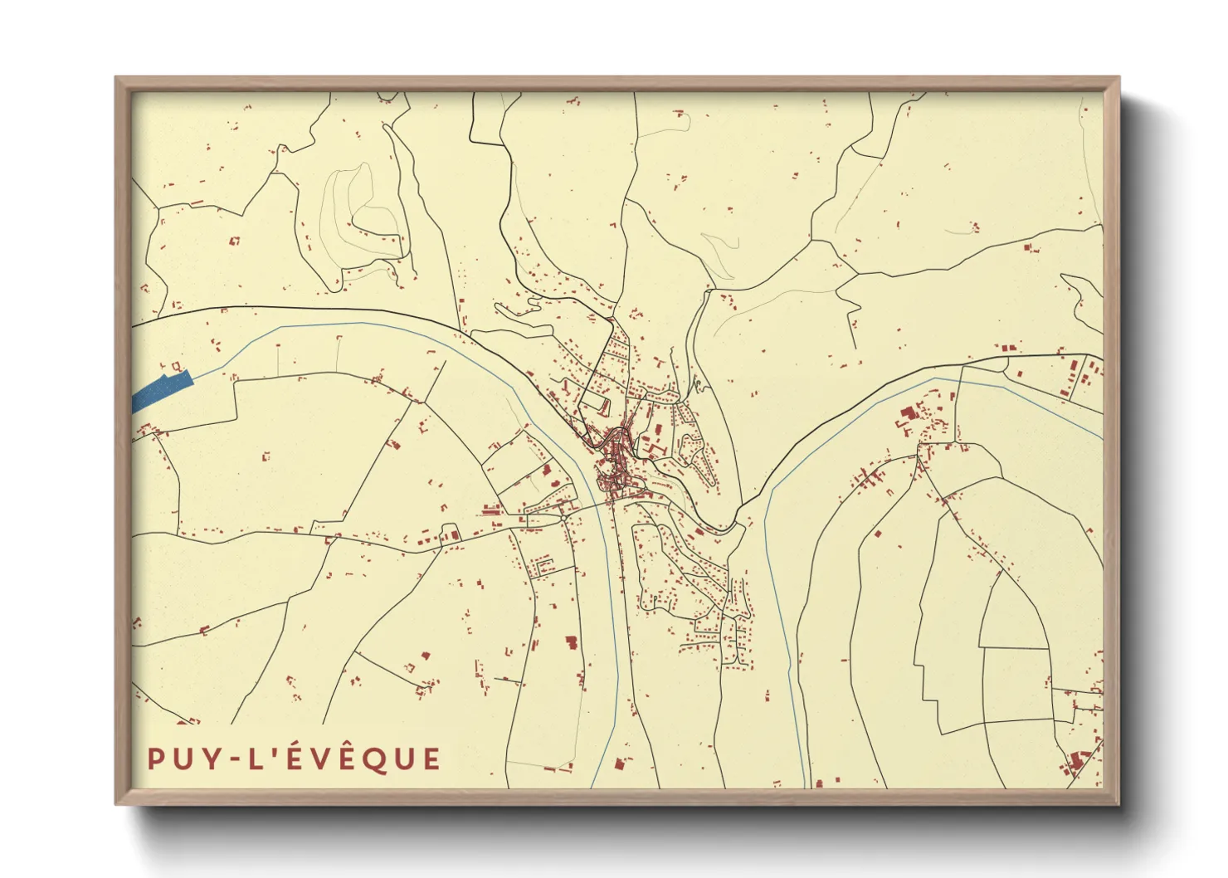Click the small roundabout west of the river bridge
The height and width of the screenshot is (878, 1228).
(563, 518)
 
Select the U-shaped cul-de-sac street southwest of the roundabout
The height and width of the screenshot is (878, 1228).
(546, 567)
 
